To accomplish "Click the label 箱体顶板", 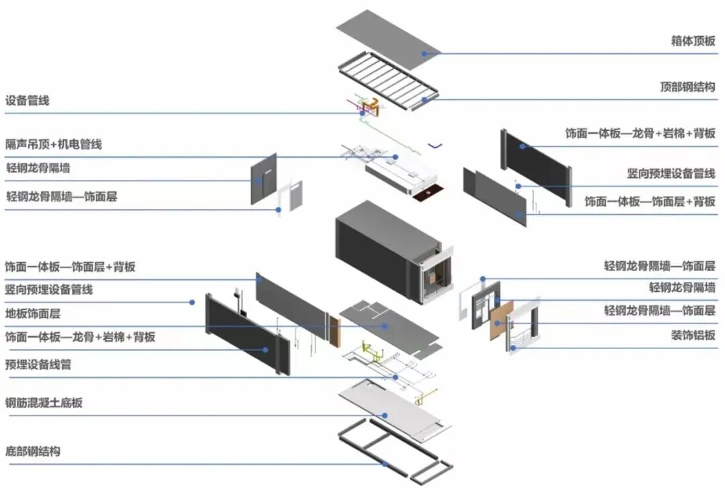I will (693, 41).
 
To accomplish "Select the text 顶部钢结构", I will (687, 87).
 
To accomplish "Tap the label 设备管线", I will (28, 101).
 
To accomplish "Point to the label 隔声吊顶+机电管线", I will (54, 144).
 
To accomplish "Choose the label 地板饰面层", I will (33, 313).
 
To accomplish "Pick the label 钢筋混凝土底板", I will (44, 403).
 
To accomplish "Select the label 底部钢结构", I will (33, 451).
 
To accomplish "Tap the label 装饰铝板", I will (693, 335).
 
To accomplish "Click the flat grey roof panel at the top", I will (388, 39).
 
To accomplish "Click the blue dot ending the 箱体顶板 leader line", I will (424, 53).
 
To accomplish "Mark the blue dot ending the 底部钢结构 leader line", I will (385, 463).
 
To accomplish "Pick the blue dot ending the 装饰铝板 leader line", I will (512, 347).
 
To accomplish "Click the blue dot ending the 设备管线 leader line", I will (362, 113).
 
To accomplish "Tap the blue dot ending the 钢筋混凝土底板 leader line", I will (385, 415).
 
